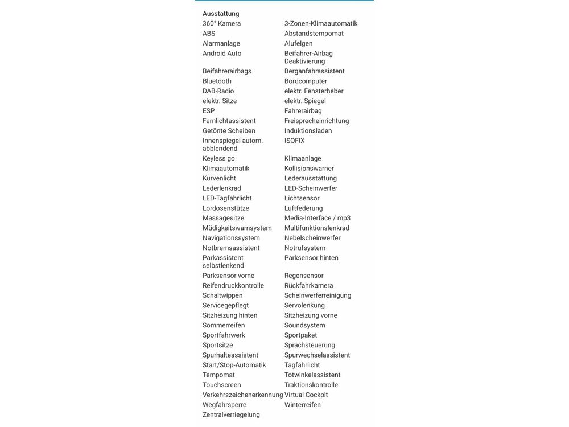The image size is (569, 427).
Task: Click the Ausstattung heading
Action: [221, 14]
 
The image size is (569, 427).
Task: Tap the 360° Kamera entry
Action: [221, 24]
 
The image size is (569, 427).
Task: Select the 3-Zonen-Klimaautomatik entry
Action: [321, 24]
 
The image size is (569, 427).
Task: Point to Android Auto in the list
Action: [222, 54]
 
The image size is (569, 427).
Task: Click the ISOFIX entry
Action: [295, 141]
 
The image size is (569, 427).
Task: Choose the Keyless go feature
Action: [218, 159]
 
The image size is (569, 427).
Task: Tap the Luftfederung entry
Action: [303, 208]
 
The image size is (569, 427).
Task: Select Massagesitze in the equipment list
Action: [223, 218]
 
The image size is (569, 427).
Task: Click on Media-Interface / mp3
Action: [318, 218]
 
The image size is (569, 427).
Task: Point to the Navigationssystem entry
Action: [231, 238]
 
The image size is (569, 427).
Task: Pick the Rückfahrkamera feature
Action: [309, 286]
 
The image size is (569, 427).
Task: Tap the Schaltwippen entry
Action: [222, 295]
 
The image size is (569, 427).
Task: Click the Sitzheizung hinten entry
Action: [230, 315]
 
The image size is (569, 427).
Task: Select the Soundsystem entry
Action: [305, 326]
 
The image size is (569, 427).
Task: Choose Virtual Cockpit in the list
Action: [306, 395]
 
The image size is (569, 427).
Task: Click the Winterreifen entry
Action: [303, 405]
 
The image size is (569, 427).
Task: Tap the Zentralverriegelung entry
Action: [231, 415]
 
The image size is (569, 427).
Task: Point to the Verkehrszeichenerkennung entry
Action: [242, 395]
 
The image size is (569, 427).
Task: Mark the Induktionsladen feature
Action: [308, 131]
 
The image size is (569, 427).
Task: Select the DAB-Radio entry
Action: [218, 91]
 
